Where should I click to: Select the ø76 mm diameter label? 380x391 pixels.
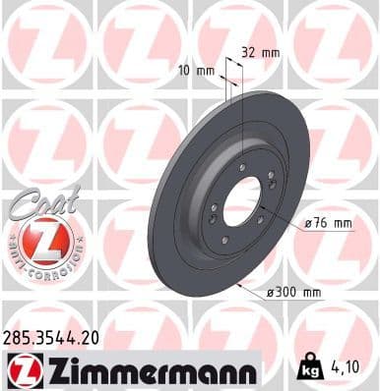(x=328, y=223)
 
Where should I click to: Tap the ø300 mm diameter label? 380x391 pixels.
(x=294, y=292)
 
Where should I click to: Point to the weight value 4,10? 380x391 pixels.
(x=355, y=367)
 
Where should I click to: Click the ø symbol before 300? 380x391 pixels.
(x=270, y=292)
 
